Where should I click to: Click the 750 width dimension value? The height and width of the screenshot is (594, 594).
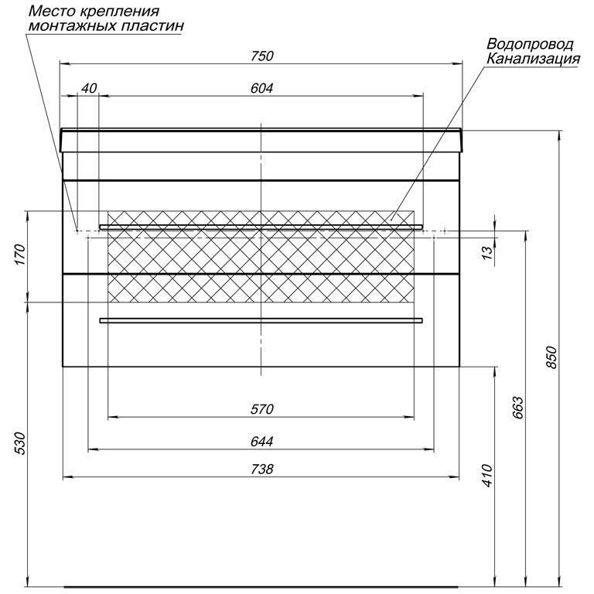pos(261,56)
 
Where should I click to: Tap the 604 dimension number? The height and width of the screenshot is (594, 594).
pos(261,88)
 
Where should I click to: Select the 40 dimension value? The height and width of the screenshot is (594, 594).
pos(90,88)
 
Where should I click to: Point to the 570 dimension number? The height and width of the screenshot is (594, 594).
pos(261,409)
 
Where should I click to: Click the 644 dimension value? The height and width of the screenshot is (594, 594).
pos(261,442)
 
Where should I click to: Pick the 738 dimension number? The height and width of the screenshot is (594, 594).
pos(261,469)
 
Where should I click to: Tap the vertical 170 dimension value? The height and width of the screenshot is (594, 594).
pos(20,254)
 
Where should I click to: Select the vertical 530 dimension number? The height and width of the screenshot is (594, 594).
pos(20,443)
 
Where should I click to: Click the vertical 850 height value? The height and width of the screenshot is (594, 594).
pos(551,357)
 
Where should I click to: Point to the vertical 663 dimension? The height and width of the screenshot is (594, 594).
pos(518,408)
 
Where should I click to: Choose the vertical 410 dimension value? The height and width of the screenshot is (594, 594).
pos(487,476)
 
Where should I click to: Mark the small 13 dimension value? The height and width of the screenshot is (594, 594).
pos(488,252)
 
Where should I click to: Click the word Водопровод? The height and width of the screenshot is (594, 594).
pos(530,45)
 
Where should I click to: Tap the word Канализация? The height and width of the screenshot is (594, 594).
pos(533,59)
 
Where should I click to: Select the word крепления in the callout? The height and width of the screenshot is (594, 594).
pos(119,12)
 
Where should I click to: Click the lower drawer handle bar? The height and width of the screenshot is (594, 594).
pos(261,320)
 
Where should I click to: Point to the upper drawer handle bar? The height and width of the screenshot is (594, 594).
pos(261,227)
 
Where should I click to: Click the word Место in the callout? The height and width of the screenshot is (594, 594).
pos(52,11)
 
